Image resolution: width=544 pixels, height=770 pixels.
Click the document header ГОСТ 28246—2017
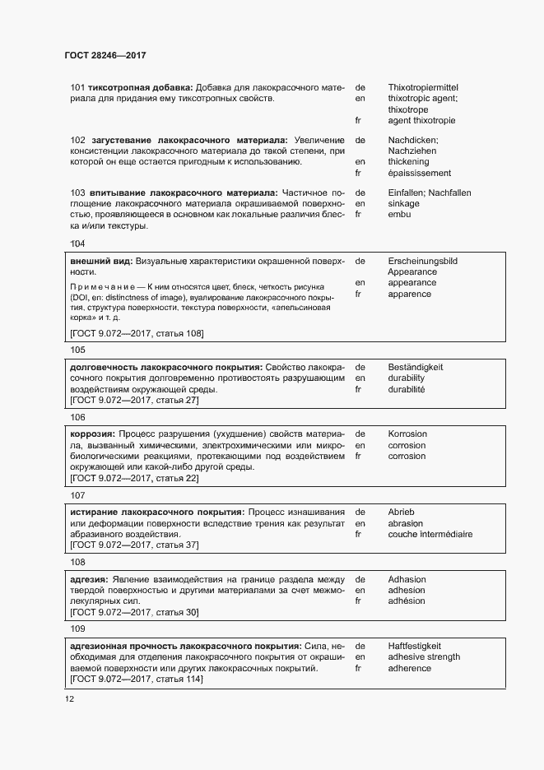coord(105,55)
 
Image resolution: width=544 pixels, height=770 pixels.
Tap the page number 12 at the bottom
coord(70,698)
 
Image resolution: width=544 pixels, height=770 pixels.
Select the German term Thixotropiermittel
coord(423,87)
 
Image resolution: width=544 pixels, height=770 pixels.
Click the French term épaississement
coord(419,174)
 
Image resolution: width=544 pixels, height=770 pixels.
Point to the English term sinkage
coord(403,203)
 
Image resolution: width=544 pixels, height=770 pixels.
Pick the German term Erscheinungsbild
coord(422,261)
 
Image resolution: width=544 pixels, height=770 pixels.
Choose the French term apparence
coord(409,295)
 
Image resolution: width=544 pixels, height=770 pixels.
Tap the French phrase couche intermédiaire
coord(430,534)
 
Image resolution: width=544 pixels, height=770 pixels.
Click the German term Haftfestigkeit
coord(416,646)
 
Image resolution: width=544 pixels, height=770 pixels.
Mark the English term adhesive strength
coord(424,657)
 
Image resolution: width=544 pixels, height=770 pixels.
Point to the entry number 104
coord(78,244)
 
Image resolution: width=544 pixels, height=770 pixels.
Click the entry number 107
coord(78,495)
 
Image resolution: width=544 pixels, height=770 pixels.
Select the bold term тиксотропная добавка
coord(140,87)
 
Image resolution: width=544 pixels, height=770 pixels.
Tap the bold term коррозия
coord(92,434)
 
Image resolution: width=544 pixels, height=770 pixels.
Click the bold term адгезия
coord(89,579)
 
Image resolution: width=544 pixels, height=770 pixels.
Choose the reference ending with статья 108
coord(137,333)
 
